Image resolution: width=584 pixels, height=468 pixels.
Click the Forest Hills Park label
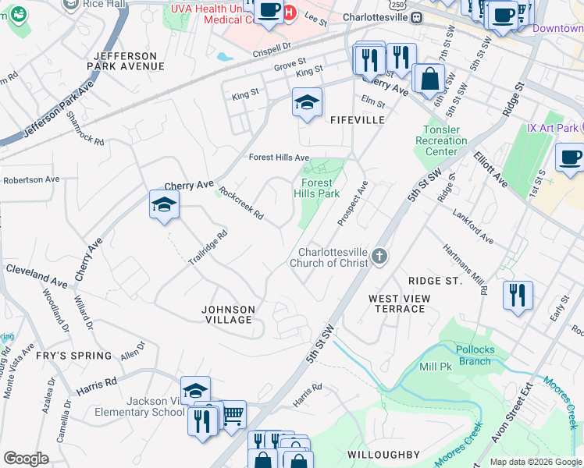tap(316, 188)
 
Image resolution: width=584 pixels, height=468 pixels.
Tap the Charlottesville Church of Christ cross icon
tap(379, 257)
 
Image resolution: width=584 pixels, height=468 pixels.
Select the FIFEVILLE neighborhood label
tap(358, 120)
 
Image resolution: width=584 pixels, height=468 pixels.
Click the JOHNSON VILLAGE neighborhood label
tap(228, 314)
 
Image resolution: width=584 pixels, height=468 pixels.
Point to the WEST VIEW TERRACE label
tap(397, 303)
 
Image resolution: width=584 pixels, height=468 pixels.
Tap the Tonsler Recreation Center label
tap(444, 140)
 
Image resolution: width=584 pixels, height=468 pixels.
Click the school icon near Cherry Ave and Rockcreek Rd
tap(164, 205)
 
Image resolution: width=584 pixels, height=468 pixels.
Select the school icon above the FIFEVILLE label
tap(307, 102)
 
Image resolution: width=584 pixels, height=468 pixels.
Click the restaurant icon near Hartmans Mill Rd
tap(518, 296)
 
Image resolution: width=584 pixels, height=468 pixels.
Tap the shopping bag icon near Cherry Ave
tap(429, 78)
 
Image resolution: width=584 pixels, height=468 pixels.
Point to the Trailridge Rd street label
tap(208, 247)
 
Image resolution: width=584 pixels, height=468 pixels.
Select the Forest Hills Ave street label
tap(279, 157)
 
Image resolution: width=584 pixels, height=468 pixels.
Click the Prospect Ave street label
tap(353, 204)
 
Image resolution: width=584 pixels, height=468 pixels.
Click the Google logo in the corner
tap(26, 459)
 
